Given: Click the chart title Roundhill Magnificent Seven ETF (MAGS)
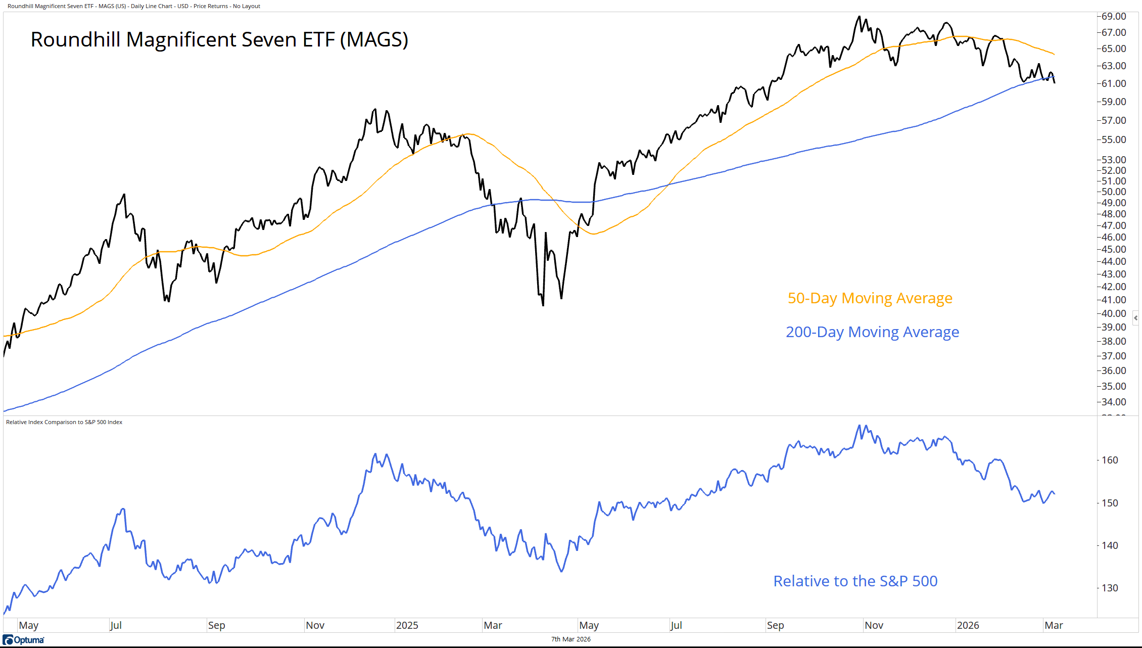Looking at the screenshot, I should click(219, 40).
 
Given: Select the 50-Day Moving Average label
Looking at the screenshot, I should click(870, 298).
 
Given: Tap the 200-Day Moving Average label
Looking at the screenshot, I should click(872, 332).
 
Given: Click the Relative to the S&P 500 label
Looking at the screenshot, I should click(855, 581).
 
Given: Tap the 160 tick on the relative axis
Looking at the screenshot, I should click(1110, 460).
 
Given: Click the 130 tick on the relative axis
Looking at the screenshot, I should click(1110, 588).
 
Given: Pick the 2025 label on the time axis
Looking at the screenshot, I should click(407, 625).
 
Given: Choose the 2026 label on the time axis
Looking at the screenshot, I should click(968, 625).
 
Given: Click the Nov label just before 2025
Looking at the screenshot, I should click(315, 625).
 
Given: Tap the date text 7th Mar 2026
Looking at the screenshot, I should click(570, 639).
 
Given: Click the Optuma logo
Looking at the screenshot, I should click(24, 640).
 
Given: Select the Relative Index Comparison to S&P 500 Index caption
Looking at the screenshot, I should click(64, 422).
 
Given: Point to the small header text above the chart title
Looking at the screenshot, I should click(134, 6).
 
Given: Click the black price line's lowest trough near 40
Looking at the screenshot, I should click(543, 305).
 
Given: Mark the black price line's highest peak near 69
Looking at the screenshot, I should click(859, 17).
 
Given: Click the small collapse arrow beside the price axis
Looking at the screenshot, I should click(1135, 318).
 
